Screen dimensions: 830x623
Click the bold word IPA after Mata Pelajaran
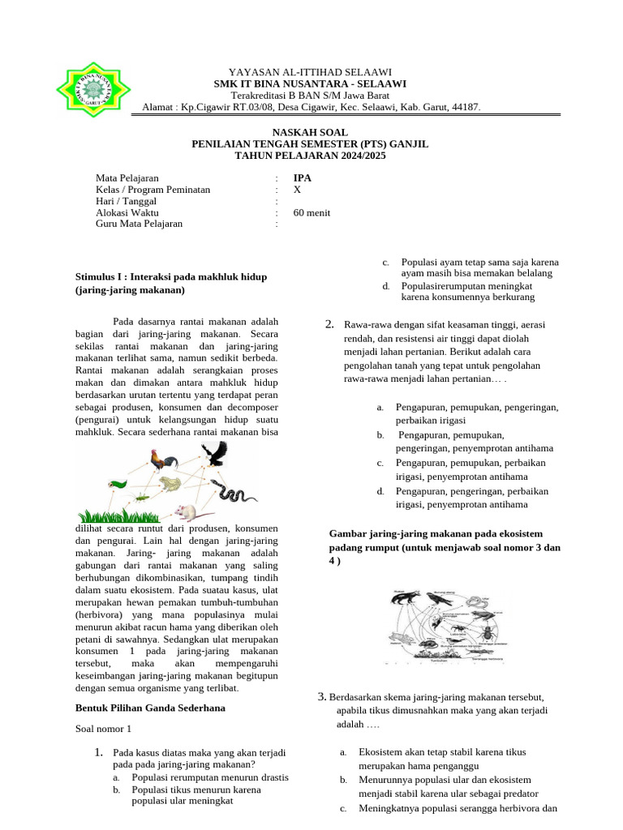point(302,178)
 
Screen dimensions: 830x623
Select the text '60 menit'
point(311,212)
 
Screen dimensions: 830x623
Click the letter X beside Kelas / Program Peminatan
point(297,190)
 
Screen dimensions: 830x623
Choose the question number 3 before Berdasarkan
point(321,697)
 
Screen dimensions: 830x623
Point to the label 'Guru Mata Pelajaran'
point(140,224)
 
